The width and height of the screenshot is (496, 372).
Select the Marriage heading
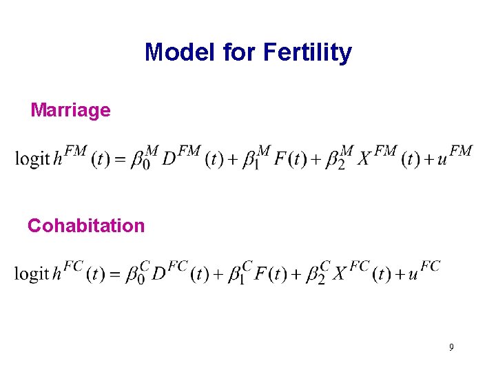70,110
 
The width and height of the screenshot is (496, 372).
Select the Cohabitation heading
86,225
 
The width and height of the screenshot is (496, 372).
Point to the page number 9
451,347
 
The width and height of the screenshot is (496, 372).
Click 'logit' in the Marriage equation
32,158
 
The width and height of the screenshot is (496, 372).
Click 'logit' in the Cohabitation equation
32,273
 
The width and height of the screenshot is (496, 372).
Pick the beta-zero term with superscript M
140,158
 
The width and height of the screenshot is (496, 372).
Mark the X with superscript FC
340,273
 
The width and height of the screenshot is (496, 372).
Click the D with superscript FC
159,273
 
